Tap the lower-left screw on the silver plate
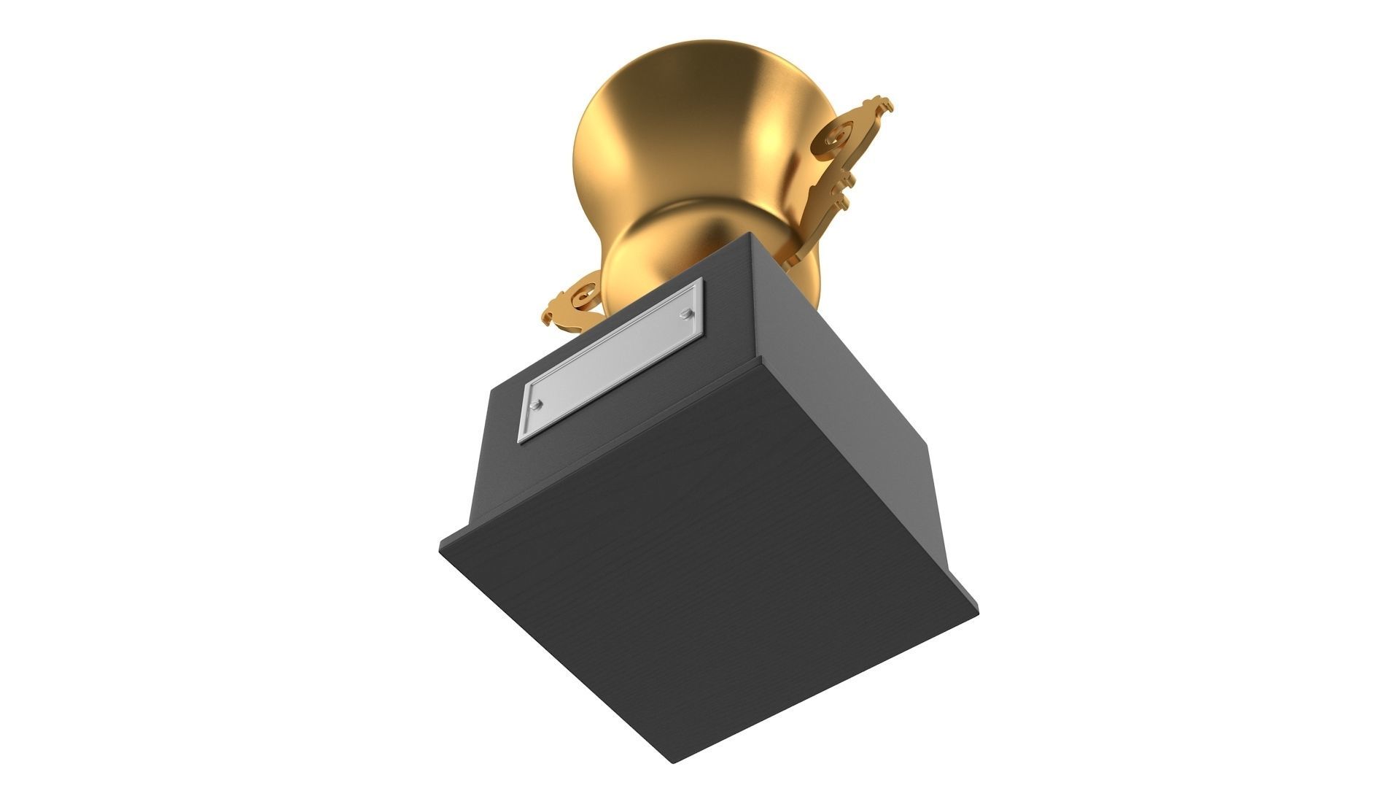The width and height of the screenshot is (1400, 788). coord(537,403)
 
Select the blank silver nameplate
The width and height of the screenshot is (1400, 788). coord(612,361)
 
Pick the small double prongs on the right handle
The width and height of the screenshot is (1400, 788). coord(844,182)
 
